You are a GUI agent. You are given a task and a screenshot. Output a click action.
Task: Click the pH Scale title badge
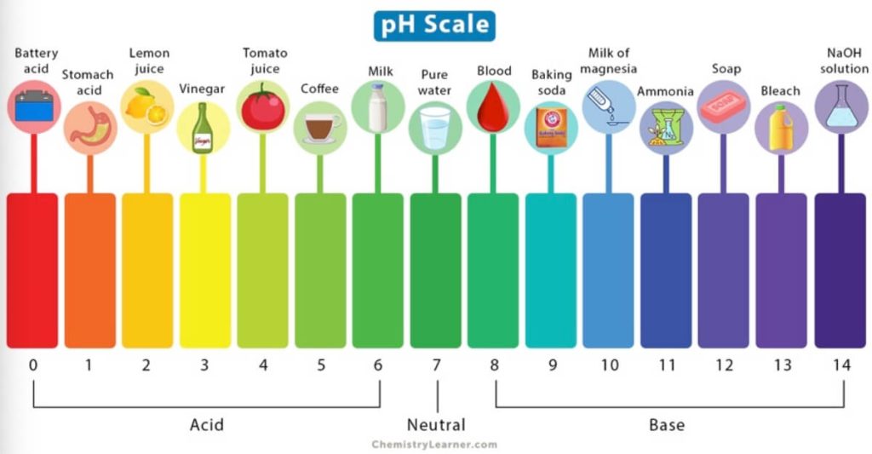click(x=434, y=25)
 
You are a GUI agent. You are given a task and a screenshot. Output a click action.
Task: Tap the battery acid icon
click(x=34, y=107)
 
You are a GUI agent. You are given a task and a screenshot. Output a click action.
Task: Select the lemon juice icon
click(x=147, y=107)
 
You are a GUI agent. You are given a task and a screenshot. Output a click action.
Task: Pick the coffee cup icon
click(x=320, y=128)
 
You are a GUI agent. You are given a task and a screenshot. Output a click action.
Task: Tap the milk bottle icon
click(x=377, y=107)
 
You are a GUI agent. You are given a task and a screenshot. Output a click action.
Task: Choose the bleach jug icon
click(x=781, y=128)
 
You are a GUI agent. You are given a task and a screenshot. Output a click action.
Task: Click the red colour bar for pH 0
click(x=33, y=271)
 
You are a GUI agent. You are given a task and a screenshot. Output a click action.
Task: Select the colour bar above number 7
click(x=435, y=271)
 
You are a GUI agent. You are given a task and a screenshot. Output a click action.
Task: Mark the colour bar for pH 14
click(x=840, y=271)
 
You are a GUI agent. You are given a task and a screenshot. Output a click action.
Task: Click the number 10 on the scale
click(x=609, y=365)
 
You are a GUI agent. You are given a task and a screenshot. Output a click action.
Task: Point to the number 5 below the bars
click(x=321, y=365)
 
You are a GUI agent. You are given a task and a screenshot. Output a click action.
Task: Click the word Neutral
click(x=436, y=424)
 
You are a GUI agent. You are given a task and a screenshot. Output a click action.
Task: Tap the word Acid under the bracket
click(x=207, y=424)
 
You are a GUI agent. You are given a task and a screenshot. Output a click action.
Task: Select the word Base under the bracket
click(x=667, y=424)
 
